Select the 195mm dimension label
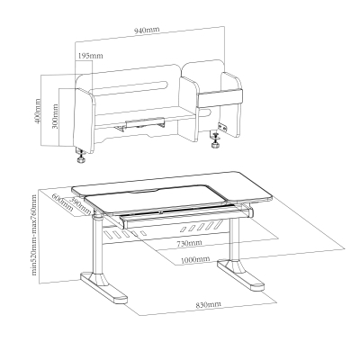tap(89, 56)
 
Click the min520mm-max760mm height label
tap(33, 238)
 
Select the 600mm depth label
tap(61, 199)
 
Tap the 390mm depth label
tap(79, 207)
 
